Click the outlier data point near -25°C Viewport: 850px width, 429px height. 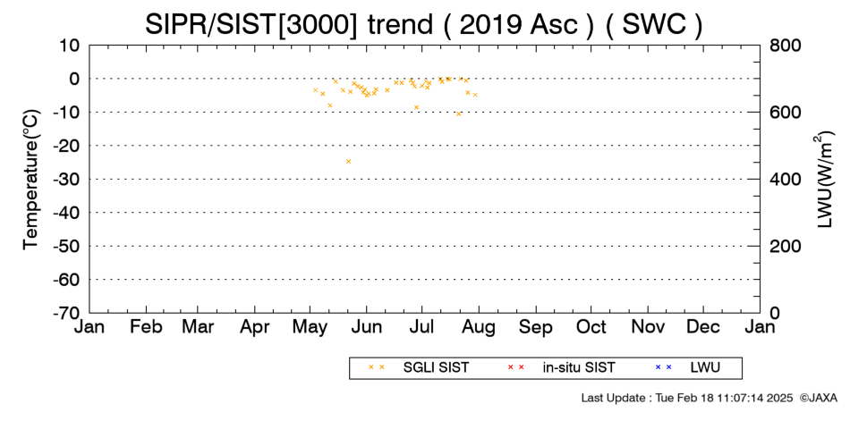click(349, 162)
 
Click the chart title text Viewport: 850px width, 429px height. click(423, 24)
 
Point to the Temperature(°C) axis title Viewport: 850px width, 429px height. click(31, 180)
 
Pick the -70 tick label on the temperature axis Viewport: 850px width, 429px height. click(66, 313)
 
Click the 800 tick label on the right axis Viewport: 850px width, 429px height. click(786, 46)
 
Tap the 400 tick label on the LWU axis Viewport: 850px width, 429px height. click(786, 180)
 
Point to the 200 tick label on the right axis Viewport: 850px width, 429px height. click(786, 247)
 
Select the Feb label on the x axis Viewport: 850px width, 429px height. click(147, 327)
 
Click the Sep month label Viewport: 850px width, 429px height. click(536, 328)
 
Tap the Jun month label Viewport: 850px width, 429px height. click(367, 327)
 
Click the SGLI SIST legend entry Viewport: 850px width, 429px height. click(419, 368)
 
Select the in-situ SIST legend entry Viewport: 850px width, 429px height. click(561, 368)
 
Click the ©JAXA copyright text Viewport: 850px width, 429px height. click(818, 398)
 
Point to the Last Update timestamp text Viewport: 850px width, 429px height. click(687, 398)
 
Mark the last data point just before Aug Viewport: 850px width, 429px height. click(475, 95)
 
